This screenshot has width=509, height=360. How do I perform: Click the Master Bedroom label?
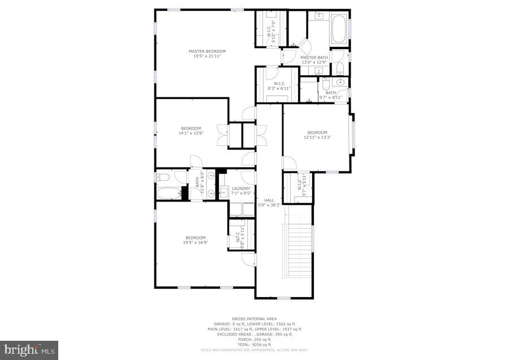[207, 51]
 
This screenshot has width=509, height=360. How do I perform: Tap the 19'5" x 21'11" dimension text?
[207, 56]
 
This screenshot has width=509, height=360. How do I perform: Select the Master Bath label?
[314, 57]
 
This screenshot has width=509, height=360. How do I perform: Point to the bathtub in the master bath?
[339, 29]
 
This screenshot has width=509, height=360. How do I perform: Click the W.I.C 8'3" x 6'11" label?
[278, 86]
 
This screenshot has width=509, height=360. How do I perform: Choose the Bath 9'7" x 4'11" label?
[331, 95]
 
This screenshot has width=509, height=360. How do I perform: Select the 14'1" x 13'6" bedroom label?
[191, 131]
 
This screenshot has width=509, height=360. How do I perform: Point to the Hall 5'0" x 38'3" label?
[269, 202]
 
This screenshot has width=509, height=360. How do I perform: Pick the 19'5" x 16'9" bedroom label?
[195, 240]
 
